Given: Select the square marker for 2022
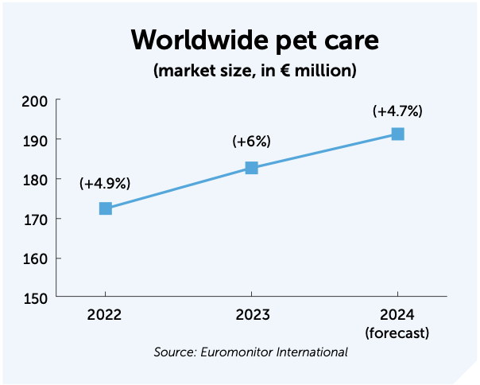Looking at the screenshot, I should click(x=105, y=208).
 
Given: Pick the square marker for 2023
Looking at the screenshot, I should click(x=251, y=168).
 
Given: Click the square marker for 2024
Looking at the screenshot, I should click(x=397, y=134).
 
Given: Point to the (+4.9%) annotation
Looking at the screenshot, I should click(x=105, y=184).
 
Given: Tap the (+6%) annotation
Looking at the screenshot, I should click(x=251, y=142).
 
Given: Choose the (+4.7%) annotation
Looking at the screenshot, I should click(x=397, y=111).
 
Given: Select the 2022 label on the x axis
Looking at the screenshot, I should click(x=105, y=316).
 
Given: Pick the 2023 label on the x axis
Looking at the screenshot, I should click(x=251, y=316).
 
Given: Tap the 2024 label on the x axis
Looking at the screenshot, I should click(x=397, y=316).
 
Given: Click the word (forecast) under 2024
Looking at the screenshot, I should click(x=397, y=332).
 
